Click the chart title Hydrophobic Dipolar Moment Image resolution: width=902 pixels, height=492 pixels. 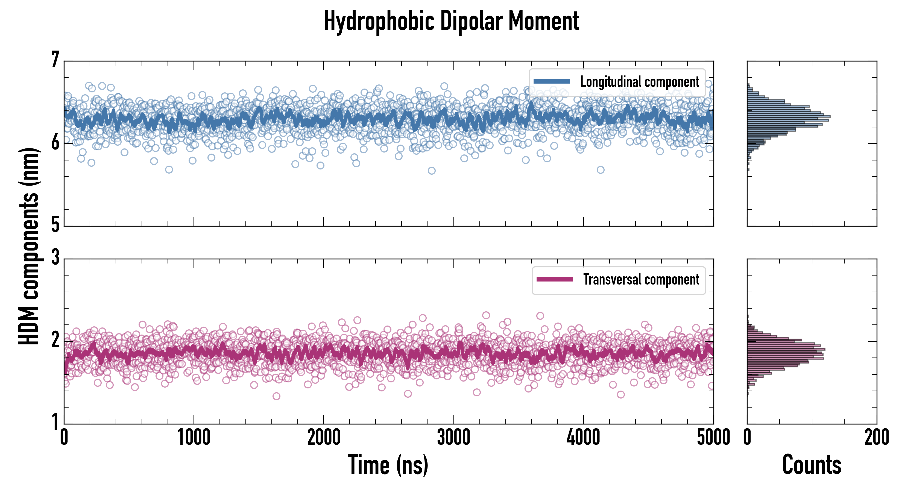click(x=451, y=21)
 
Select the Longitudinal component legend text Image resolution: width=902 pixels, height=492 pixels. click(x=639, y=82)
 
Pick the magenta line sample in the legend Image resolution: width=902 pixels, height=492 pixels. click(x=555, y=279)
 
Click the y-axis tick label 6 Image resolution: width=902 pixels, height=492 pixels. click(x=55, y=142)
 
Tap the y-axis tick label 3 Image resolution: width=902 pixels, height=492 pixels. click(x=55, y=258)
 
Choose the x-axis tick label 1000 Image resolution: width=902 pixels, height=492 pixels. click(x=194, y=437)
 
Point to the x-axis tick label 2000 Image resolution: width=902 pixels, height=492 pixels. click(x=324, y=437)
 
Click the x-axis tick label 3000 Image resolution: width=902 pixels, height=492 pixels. click(x=453, y=437)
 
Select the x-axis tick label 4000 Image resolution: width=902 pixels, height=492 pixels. click(x=583, y=437)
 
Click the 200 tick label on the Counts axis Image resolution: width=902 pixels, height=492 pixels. click(x=876, y=437)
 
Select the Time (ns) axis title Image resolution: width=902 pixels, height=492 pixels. click(x=388, y=465)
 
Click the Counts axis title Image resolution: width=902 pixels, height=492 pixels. click(x=812, y=465)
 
